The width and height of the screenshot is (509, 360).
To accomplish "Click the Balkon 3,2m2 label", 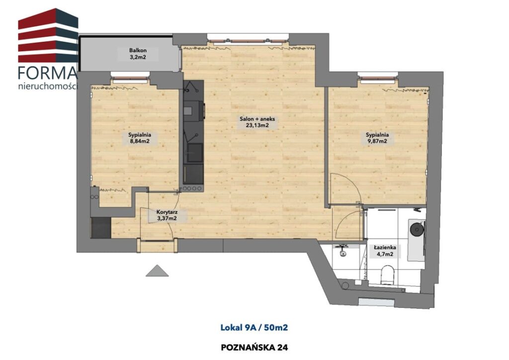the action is [138, 54].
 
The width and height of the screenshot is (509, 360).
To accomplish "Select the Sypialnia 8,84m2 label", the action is [140, 138].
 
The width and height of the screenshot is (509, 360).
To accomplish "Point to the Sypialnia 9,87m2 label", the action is [377, 138].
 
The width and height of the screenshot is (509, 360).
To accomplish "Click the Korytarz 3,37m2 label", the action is [167, 215].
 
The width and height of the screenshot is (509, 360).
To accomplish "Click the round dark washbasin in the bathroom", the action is [417, 229].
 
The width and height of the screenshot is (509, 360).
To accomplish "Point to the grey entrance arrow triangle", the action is [157, 270].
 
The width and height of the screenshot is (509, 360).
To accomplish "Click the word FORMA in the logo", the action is [48, 74].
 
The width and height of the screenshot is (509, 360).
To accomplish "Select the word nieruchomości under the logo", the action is [48, 87].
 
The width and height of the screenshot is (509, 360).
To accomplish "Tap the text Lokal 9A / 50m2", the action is [254, 328].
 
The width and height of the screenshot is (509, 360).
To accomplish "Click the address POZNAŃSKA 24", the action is [254, 348].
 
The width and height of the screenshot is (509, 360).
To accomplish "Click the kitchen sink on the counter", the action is [195, 153].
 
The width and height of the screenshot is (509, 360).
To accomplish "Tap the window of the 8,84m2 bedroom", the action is [131, 77].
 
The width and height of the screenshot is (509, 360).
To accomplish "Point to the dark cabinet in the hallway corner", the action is [101, 228].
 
